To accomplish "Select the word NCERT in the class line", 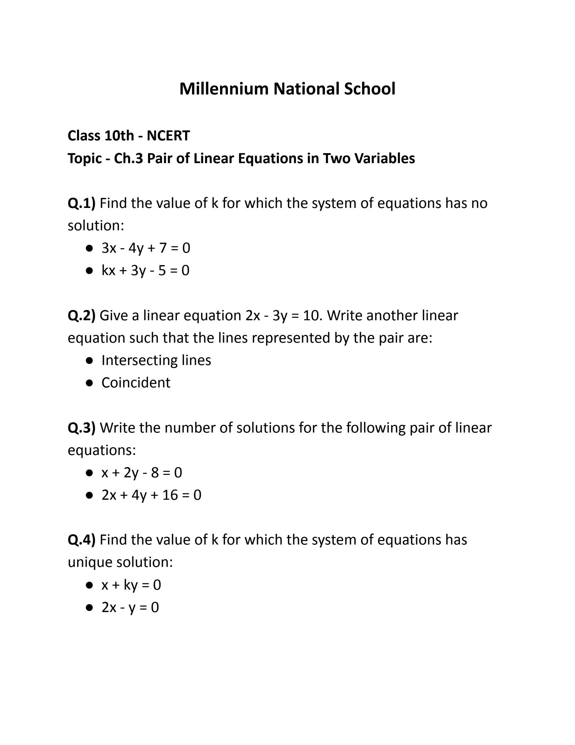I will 168,136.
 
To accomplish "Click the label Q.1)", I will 82,203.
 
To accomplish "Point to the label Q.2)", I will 82,316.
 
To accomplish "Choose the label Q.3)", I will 82,428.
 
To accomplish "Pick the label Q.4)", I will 82,540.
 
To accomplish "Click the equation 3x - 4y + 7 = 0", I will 146,248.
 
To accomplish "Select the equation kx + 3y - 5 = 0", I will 146,270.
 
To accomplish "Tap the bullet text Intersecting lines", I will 156,360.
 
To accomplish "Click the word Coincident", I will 136,383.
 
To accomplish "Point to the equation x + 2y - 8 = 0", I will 142,473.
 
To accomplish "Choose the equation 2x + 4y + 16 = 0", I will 151,495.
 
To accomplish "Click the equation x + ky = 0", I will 131,585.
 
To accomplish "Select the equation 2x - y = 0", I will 130,607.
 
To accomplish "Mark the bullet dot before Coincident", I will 89,383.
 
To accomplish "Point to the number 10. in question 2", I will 313,316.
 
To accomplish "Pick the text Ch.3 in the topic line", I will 128,159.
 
